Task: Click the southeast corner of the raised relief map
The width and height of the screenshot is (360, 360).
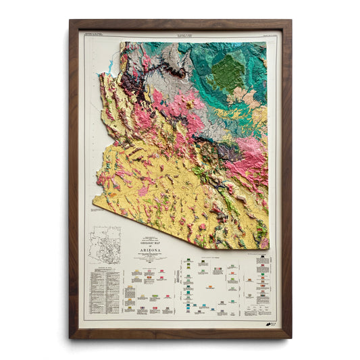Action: (267, 247)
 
